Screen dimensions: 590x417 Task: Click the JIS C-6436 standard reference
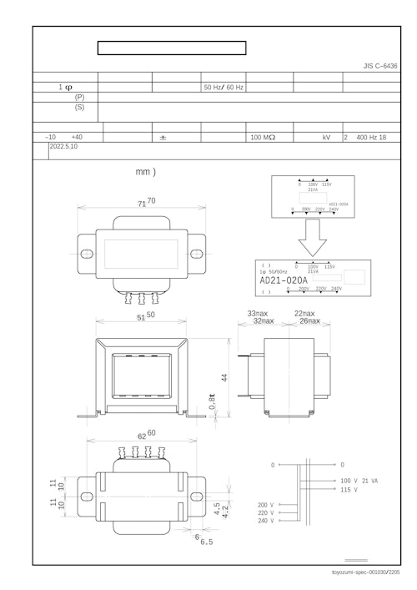point(380,66)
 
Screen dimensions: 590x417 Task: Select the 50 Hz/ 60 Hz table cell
point(224,87)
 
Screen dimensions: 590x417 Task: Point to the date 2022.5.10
point(63,146)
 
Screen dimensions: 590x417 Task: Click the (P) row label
point(79,97)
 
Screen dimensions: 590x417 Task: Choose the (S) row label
point(79,108)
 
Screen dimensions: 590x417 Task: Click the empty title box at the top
point(172,48)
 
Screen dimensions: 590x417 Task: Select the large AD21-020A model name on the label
point(284,281)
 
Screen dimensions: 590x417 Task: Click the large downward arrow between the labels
point(308,239)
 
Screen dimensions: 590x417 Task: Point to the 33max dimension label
point(256,313)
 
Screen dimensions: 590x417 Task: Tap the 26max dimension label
point(309,320)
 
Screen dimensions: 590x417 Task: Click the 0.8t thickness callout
point(213,401)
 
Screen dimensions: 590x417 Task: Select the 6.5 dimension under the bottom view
point(206,542)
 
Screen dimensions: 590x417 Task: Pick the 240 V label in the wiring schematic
point(266,520)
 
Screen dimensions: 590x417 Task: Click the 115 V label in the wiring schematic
point(349,490)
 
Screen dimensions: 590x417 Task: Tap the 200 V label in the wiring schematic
point(266,505)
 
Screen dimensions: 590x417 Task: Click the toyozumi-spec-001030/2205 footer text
point(366,572)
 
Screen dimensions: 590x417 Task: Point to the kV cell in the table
point(327,136)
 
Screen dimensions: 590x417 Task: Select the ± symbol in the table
point(163,136)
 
